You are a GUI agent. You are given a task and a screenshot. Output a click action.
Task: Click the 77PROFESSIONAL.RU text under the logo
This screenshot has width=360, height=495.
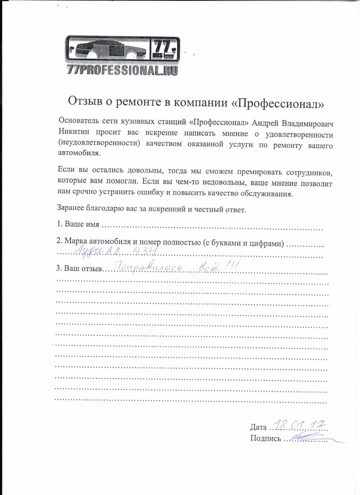(x=122, y=70)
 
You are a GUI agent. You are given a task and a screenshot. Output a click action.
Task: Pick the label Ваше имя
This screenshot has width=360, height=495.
(x=82, y=224)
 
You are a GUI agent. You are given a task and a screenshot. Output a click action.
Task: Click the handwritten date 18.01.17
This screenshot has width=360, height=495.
(x=300, y=425)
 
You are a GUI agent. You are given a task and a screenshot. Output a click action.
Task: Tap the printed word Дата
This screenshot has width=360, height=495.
(x=258, y=427)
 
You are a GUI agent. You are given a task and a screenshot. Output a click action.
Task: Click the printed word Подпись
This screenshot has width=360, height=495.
(x=265, y=439)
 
